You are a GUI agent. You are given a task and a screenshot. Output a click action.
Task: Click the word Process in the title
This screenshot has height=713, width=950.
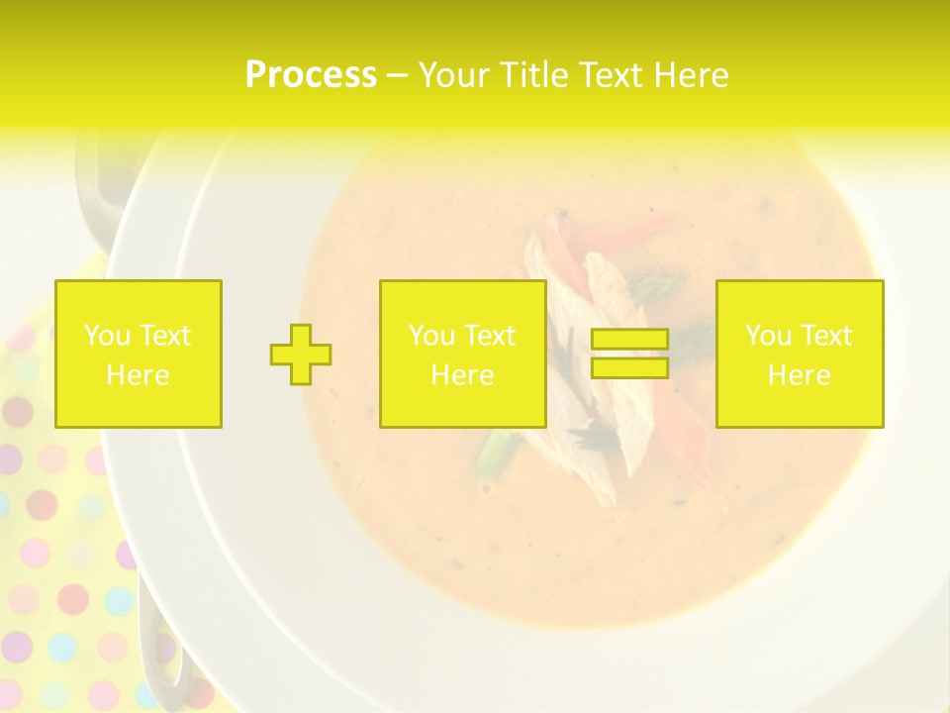coord(311,75)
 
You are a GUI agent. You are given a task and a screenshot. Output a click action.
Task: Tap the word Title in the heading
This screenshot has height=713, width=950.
coord(535,75)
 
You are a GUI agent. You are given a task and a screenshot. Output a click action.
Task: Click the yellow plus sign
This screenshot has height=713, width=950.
coord(301,355)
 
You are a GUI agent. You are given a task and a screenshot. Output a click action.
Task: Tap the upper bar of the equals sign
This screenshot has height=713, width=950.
coord(629,340)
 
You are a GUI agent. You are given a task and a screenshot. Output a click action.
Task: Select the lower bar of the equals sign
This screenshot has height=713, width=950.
coord(629,367)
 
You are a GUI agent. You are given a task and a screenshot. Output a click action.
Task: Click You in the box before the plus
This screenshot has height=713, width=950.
coord(108,336)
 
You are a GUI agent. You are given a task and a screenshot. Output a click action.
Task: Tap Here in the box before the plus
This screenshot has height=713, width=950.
coord(139,375)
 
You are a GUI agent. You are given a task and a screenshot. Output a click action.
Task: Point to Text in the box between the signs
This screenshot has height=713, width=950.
coord(490,336)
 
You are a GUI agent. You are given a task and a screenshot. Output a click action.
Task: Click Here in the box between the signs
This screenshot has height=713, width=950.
coord(463,375)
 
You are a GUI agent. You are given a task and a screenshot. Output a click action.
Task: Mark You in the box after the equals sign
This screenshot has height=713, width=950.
coord(769,336)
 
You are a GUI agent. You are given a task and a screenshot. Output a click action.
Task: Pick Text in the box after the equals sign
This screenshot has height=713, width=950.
coord(826,336)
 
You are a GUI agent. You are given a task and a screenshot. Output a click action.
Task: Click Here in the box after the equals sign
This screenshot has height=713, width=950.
coord(800,375)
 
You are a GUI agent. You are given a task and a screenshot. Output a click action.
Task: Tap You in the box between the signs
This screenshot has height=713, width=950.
coord(432,336)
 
